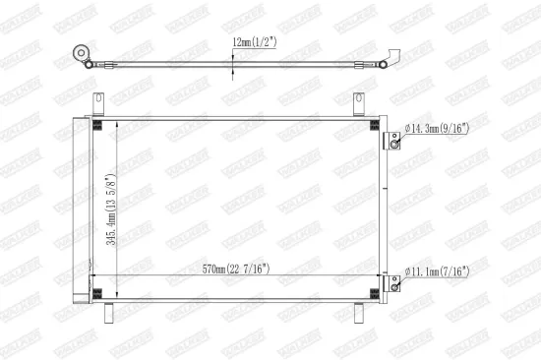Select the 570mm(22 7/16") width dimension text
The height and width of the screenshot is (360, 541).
coord(237,269)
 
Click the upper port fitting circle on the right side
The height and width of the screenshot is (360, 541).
coord(394,144)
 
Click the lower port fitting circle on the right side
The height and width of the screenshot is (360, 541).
coord(394,284)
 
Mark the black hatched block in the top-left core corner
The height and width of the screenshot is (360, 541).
coord(97,124)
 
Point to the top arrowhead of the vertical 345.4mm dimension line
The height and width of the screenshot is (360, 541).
coord(117,123)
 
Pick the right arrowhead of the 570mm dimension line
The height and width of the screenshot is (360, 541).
coord(377,275)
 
